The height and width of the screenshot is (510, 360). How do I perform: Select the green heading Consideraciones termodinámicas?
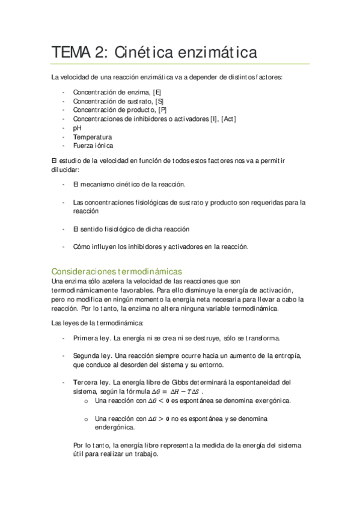tap(117, 271)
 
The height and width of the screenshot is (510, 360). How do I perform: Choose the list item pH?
tap(77, 128)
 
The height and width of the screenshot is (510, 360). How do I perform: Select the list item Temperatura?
tap(92, 137)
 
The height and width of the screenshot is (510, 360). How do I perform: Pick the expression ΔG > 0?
tap(158, 419)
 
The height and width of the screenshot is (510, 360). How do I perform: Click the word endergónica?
tap(115, 428)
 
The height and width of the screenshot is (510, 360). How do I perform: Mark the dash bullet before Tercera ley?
tap(64, 382)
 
